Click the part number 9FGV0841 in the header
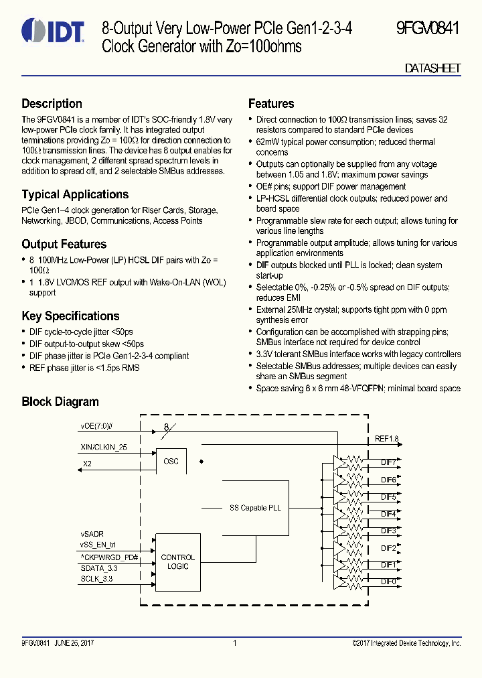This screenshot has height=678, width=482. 427,29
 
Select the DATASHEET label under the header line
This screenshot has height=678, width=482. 433,69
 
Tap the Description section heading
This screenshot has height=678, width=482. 52,104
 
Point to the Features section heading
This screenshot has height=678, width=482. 271,104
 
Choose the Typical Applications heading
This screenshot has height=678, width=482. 75,194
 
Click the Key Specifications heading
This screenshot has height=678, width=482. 70,316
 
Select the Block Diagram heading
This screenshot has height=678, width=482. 60,402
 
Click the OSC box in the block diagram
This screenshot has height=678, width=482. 171,462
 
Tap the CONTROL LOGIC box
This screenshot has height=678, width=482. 178,561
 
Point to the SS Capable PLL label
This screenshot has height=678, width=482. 251,508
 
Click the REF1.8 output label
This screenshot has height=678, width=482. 386,439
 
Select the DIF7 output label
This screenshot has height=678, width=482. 388,462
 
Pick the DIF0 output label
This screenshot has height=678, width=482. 388,582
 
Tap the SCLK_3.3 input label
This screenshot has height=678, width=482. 97,578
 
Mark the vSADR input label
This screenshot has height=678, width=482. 92,533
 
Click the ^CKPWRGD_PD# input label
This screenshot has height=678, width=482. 109,557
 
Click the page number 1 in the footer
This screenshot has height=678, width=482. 235,643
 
